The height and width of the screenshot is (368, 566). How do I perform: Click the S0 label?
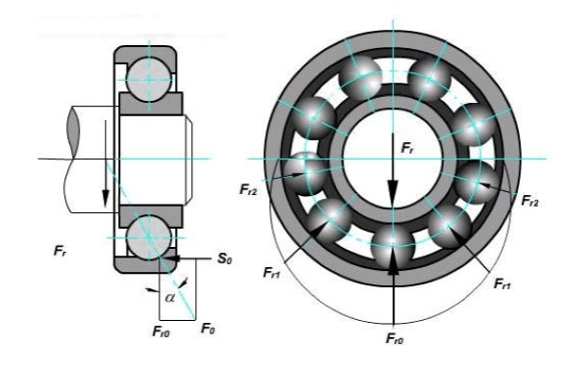click(225, 258)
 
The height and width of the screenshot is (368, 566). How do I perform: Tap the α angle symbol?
click(170, 297)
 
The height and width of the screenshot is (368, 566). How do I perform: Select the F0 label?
click(208, 329)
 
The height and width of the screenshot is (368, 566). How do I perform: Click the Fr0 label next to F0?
click(161, 331)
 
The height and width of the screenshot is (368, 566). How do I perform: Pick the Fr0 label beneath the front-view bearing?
click(395, 339)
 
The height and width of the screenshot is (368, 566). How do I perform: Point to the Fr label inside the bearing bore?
click(406, 148)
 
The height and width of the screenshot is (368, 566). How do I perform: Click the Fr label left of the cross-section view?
click(60, 251)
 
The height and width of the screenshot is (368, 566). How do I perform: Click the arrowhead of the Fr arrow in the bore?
click(393, 194)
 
